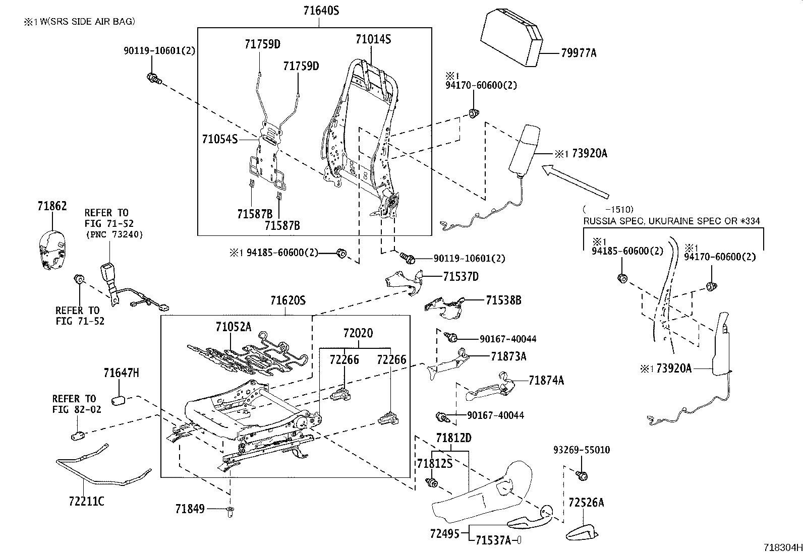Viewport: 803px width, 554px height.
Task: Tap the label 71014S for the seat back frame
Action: click(373, 39)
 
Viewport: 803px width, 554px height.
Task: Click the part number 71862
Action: click(52, 206)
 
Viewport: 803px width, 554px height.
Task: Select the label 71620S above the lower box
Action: click(288, 301)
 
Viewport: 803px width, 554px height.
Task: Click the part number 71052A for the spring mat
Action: click(233, 327)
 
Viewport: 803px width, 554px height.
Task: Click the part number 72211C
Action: click(87, 501)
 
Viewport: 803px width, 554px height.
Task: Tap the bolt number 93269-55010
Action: click(581, 450)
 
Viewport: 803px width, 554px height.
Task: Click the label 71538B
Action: click(503, 300)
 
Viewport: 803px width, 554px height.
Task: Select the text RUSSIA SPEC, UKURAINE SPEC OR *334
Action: click(671, 221)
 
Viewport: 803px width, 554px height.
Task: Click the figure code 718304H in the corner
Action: click(781, 547)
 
